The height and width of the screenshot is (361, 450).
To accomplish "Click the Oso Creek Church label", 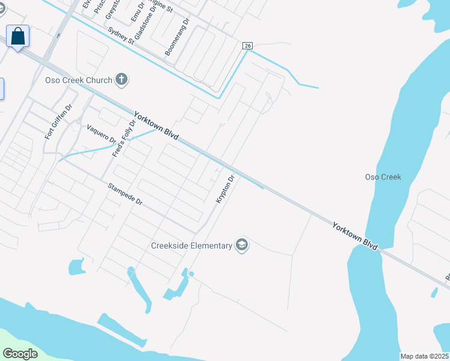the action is click(79, 80).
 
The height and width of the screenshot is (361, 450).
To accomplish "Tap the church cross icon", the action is click(122, 79).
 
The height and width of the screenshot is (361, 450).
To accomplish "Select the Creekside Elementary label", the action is click(192, 245).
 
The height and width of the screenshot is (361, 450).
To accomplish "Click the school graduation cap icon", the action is click(242, 245).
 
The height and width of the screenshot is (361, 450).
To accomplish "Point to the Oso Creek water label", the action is click(383, 177).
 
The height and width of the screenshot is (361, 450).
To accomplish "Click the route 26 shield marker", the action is click(247, 46).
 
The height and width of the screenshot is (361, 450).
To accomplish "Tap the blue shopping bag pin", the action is click(18, 37).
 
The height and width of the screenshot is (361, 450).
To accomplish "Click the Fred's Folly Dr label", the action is click(122, 138).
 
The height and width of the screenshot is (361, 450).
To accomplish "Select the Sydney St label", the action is click(121, 35).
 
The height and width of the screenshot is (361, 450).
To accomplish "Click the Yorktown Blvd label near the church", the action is click(156, 126).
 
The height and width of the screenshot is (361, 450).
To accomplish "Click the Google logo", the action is click(20, 354).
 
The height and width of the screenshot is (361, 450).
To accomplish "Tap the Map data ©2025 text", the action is click(424, 356).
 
